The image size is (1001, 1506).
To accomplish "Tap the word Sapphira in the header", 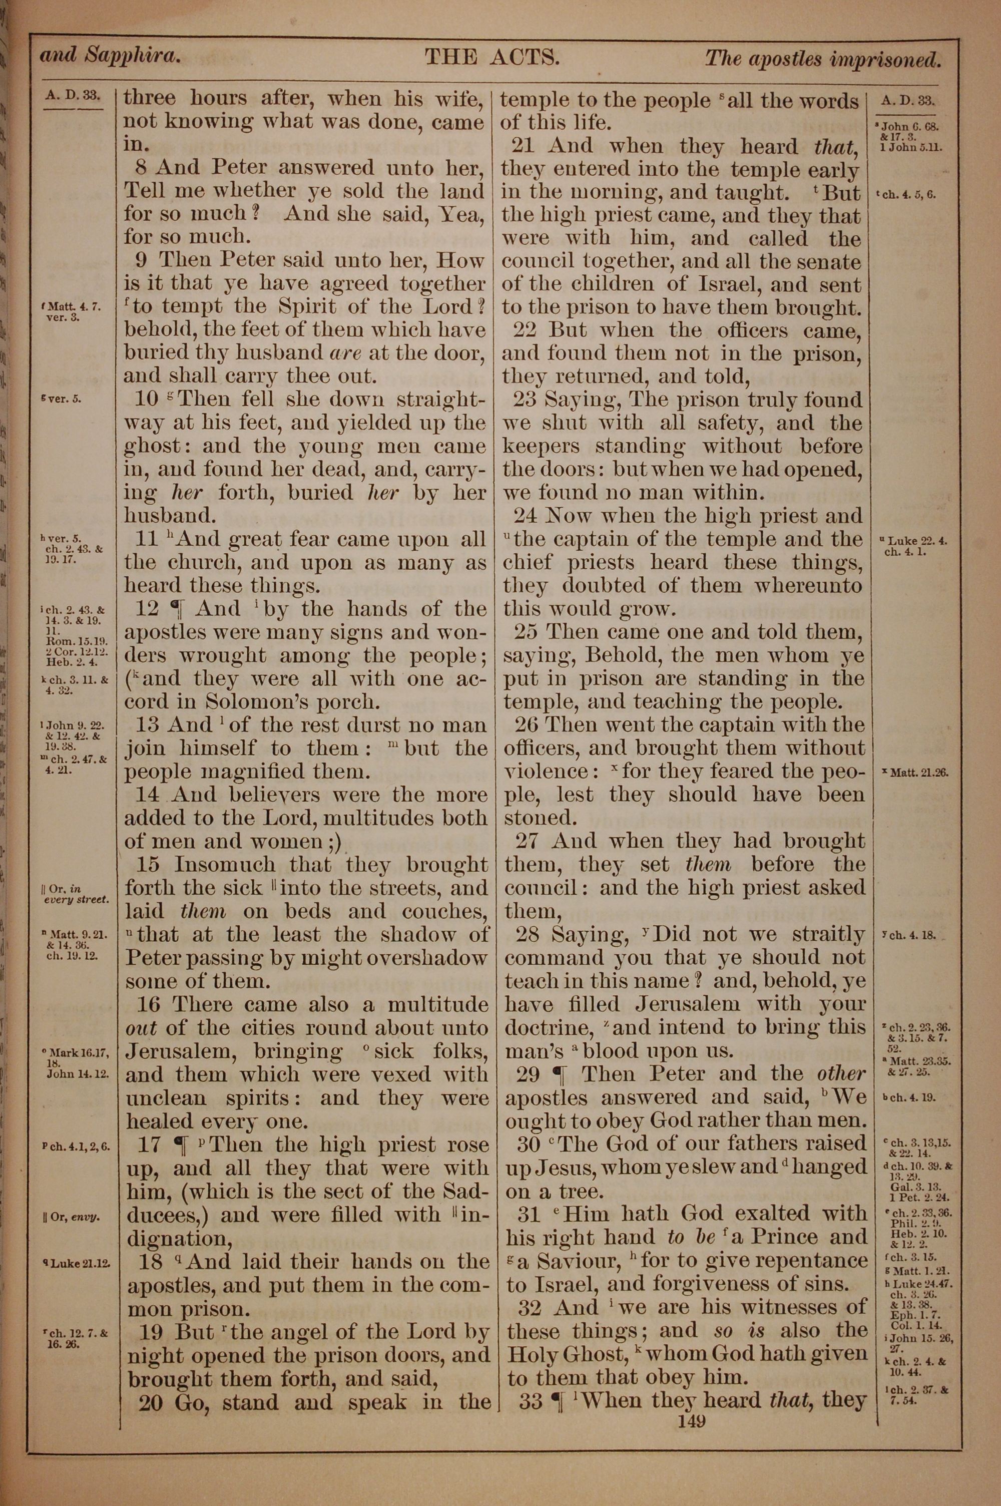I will [134, 57].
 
